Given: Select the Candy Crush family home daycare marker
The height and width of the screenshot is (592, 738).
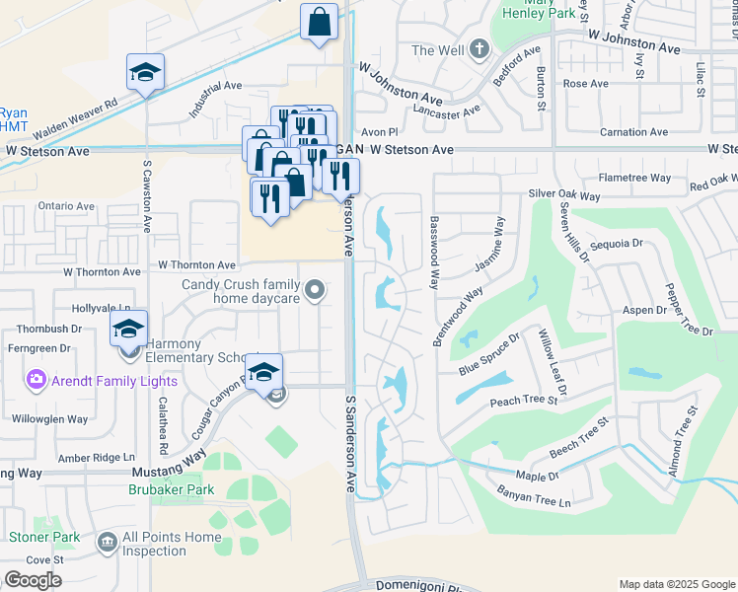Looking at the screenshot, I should pyautogui.click(x=315, y=290).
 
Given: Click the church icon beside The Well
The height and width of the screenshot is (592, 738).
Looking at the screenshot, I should pyautogui.click(x=478, y=49).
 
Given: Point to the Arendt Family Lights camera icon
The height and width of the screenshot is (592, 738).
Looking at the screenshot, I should pyautogui.click(x=37, y=379).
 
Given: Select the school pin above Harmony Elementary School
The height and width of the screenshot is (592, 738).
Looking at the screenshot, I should pyautogui.click(x=128, y=329).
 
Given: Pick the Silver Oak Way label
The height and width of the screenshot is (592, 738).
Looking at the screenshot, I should pyautogui.click(x=565, y=194).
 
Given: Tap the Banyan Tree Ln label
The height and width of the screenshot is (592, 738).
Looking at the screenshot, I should pyautogui.click(x=535, y=502).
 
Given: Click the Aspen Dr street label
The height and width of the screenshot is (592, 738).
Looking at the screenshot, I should pyautogui.click(x=646, y=310).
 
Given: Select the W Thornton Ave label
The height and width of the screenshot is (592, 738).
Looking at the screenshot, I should pyautogui.click(x=197, y=265).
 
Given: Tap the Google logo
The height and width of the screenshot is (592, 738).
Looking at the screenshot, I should pyautogui.click(x=33, y=580).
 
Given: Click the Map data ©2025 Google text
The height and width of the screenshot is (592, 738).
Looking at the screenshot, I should pyautogui.click(x=676, y=584).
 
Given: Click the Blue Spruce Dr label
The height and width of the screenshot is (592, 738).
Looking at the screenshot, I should pyautogui.click(x=488, y=355).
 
